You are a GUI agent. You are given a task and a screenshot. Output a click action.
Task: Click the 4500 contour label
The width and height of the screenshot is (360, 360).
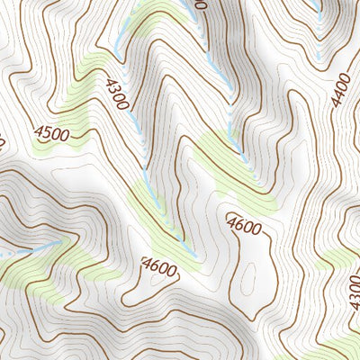tap(53, 134)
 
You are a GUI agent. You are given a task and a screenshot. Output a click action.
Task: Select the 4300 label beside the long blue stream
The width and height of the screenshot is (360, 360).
tap(116, 92)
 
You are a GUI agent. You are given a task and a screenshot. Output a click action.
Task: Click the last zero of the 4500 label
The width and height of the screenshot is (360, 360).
tap(67, 136)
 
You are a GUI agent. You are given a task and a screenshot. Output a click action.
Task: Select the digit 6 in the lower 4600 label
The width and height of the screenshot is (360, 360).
tap(154, 265)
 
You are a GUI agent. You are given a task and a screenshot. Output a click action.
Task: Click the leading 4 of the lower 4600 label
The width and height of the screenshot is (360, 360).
tap(146, 265)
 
